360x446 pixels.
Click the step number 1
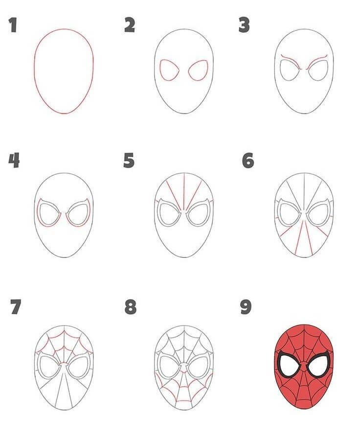click(x=12, y=25)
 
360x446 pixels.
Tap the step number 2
click(x=129, y=25)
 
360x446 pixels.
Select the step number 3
click(x=244, y=25)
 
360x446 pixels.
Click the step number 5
click(x=129, y=160)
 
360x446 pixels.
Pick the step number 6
click(x=248, y=160)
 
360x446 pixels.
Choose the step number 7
click(x=15, y=307)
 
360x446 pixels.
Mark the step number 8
click(x=130, y=307)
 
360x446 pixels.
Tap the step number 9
click(x=246, y=307)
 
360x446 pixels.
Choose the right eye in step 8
click(x=198, y=367)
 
